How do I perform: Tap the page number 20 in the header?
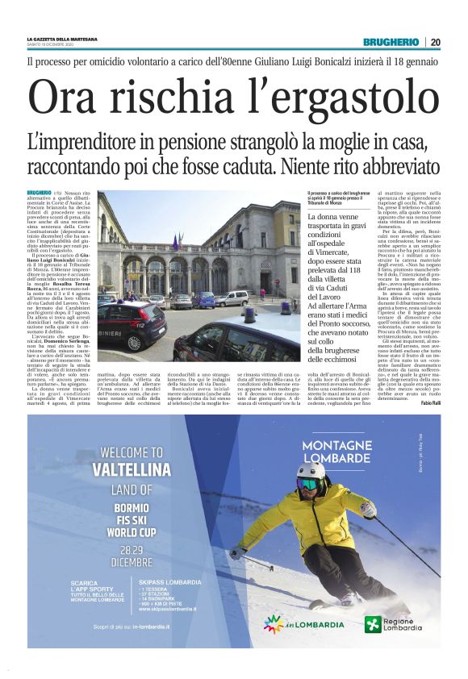tap(436, 42)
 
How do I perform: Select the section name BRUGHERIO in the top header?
tap(391, 42)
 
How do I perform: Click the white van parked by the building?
tap(232, 298)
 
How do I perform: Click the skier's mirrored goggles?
tap(308, 484)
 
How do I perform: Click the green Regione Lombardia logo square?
tap(372, 624)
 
